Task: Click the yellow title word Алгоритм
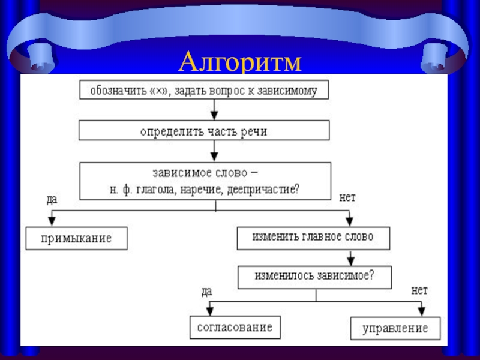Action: pos(240,62)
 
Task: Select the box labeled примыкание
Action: pos(77,238)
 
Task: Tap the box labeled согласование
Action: pos(235,327)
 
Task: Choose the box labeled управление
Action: pos(395,328)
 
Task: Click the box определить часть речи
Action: pos(204,130)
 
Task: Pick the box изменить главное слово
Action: pos(313,238)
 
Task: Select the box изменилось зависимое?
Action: pos(314,277)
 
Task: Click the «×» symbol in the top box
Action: pos(159,91)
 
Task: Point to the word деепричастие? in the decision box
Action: pos(264,190)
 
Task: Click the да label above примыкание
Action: pos(52,200)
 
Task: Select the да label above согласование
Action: pos(207,292)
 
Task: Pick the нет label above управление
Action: pos(419,290)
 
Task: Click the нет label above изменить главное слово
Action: pos(347,197)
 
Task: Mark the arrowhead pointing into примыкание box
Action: pos(52,221)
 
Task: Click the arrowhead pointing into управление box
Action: pos(422,311)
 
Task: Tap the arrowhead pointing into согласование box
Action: pos(209,311)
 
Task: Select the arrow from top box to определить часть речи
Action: pos(214,110)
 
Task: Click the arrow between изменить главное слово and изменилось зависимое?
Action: pos(351,258)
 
